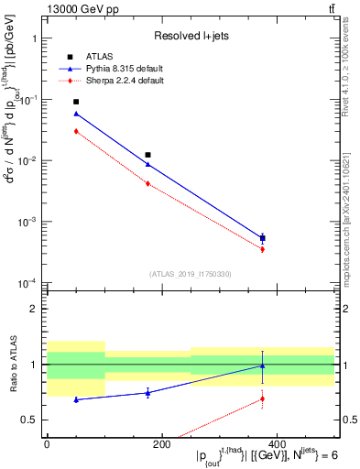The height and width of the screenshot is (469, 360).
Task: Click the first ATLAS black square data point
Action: click(76, 102)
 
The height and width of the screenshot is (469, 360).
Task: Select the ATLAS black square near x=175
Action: click(148, 155)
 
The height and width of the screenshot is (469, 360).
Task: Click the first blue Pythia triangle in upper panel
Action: click(76, 114)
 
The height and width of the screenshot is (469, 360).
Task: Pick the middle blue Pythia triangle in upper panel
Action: click(148, 164)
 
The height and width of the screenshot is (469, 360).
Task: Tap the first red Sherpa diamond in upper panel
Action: click(76, 131)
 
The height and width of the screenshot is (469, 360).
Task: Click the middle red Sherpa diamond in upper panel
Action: click(148, 183)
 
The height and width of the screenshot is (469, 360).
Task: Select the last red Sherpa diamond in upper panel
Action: click(263, 249)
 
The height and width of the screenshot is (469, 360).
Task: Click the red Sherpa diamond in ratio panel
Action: click(263, 398)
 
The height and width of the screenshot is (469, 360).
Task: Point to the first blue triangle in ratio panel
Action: click(76, 399)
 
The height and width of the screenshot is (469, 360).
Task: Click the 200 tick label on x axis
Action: click(161, 443)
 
